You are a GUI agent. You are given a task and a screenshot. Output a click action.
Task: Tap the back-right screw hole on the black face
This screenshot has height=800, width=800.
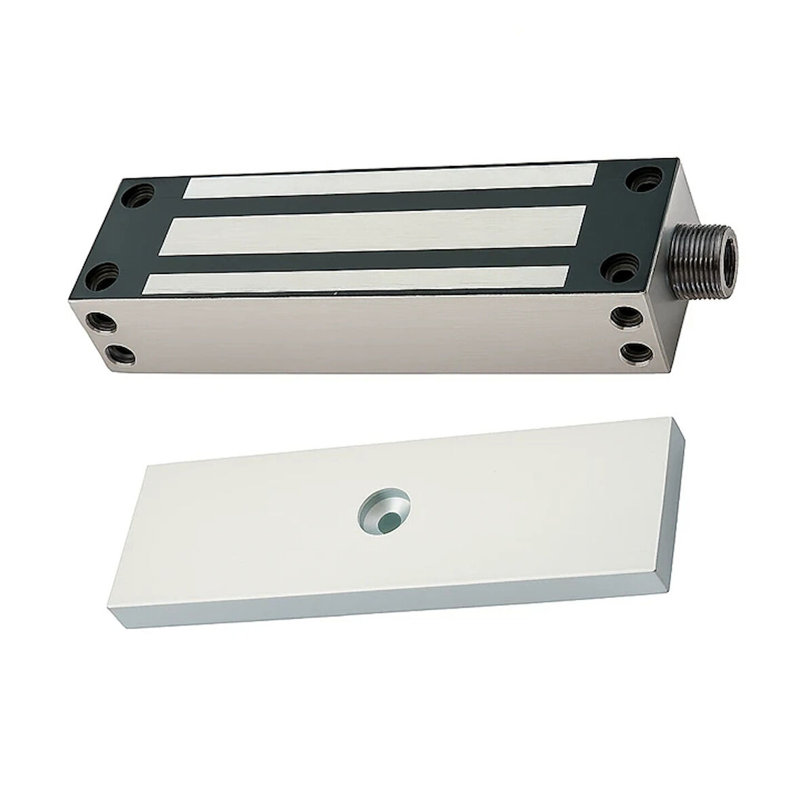click(x=642, y=182)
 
